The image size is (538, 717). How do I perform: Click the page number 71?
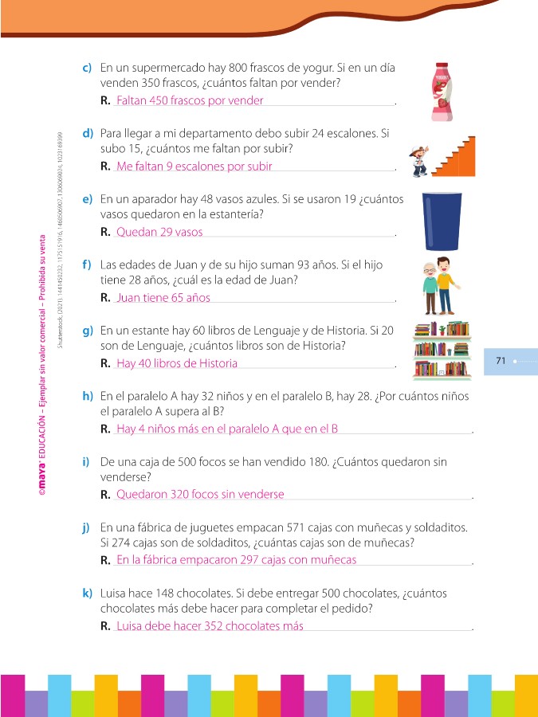tap(501, 361)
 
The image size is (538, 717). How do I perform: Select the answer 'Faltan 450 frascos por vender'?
tap(189, 101)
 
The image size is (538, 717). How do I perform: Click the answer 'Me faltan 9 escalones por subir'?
tap(194, 167)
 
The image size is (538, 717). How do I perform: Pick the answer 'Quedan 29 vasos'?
tap(159, 232)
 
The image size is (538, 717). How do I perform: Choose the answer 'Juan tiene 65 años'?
tap(163, 298)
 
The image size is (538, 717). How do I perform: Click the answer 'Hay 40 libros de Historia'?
tap(177, 363)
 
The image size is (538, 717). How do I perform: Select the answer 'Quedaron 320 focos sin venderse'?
tap(200, 494)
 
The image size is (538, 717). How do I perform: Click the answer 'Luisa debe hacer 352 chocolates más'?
tap(210, 625)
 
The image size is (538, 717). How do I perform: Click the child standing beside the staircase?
tap(419, 160)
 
